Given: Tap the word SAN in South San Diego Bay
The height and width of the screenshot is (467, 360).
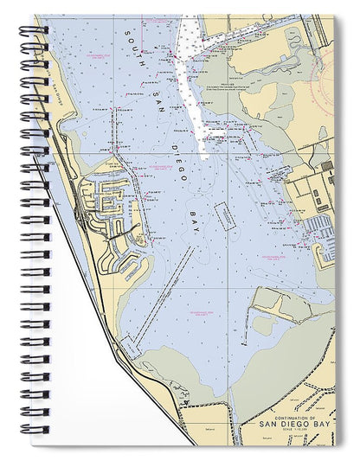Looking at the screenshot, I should click(152, 87).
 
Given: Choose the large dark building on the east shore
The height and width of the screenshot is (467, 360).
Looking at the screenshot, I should click(327, 166).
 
